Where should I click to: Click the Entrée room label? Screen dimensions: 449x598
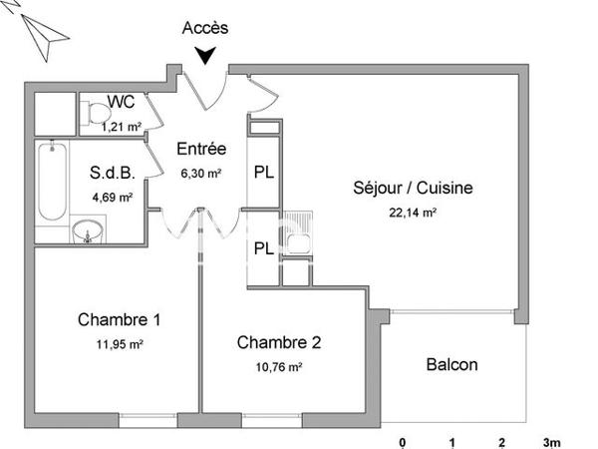(x=201, y=150)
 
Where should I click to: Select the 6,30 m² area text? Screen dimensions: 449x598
(x=201, y=172)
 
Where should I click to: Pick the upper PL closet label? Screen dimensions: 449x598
(x=264, y=171)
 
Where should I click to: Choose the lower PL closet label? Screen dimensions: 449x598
(x=264, y=248)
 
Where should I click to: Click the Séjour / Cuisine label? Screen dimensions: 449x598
(x=413, y=188)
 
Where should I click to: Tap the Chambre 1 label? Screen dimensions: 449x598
(x=120, y=320)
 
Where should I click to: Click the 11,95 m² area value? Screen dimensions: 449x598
(x=120, y=345)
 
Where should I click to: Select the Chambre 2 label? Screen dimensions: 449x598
(x=279, y=342)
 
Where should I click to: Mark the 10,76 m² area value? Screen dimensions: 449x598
(x=280, y=366)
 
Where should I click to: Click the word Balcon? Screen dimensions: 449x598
(x=451, y=364)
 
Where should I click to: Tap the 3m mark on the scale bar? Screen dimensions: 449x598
(x=551, y=442)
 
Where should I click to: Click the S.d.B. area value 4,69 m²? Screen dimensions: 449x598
(x=113, y=197)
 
